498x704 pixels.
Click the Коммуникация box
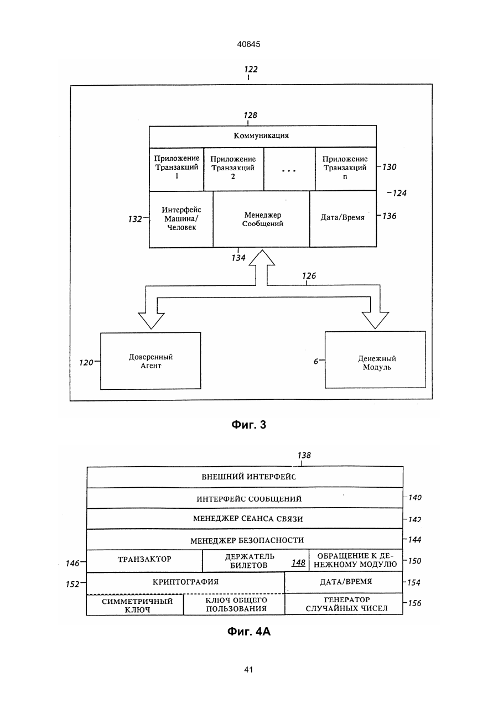coord(262,137)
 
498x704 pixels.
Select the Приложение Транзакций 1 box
coord(177,169)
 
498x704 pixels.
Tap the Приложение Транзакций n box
coord(345,169)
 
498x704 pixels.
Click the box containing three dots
coord(289,169)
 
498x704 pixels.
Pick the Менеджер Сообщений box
coord(261,219)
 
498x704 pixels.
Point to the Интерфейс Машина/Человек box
coord(181,219)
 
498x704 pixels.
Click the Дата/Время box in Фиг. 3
coord(343,219)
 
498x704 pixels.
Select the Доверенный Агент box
coord(151,361)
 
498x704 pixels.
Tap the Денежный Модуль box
coord(375,360)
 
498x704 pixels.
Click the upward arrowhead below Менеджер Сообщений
coord(262,258)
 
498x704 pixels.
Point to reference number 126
coord(309,276)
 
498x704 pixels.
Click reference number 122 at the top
coord(251,69)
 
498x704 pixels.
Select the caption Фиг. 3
coord(248,425)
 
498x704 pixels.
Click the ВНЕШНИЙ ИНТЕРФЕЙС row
coord(245,477)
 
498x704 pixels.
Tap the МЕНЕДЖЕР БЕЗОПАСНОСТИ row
coord(245,540)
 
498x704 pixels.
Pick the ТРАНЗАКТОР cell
coord(144,561)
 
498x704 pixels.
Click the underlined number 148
coord(298,562)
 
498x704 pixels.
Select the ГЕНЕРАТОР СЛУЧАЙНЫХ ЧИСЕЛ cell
coord(344,604)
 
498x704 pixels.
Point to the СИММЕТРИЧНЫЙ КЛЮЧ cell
coord(135,604)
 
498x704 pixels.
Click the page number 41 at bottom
coord(248,670)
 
